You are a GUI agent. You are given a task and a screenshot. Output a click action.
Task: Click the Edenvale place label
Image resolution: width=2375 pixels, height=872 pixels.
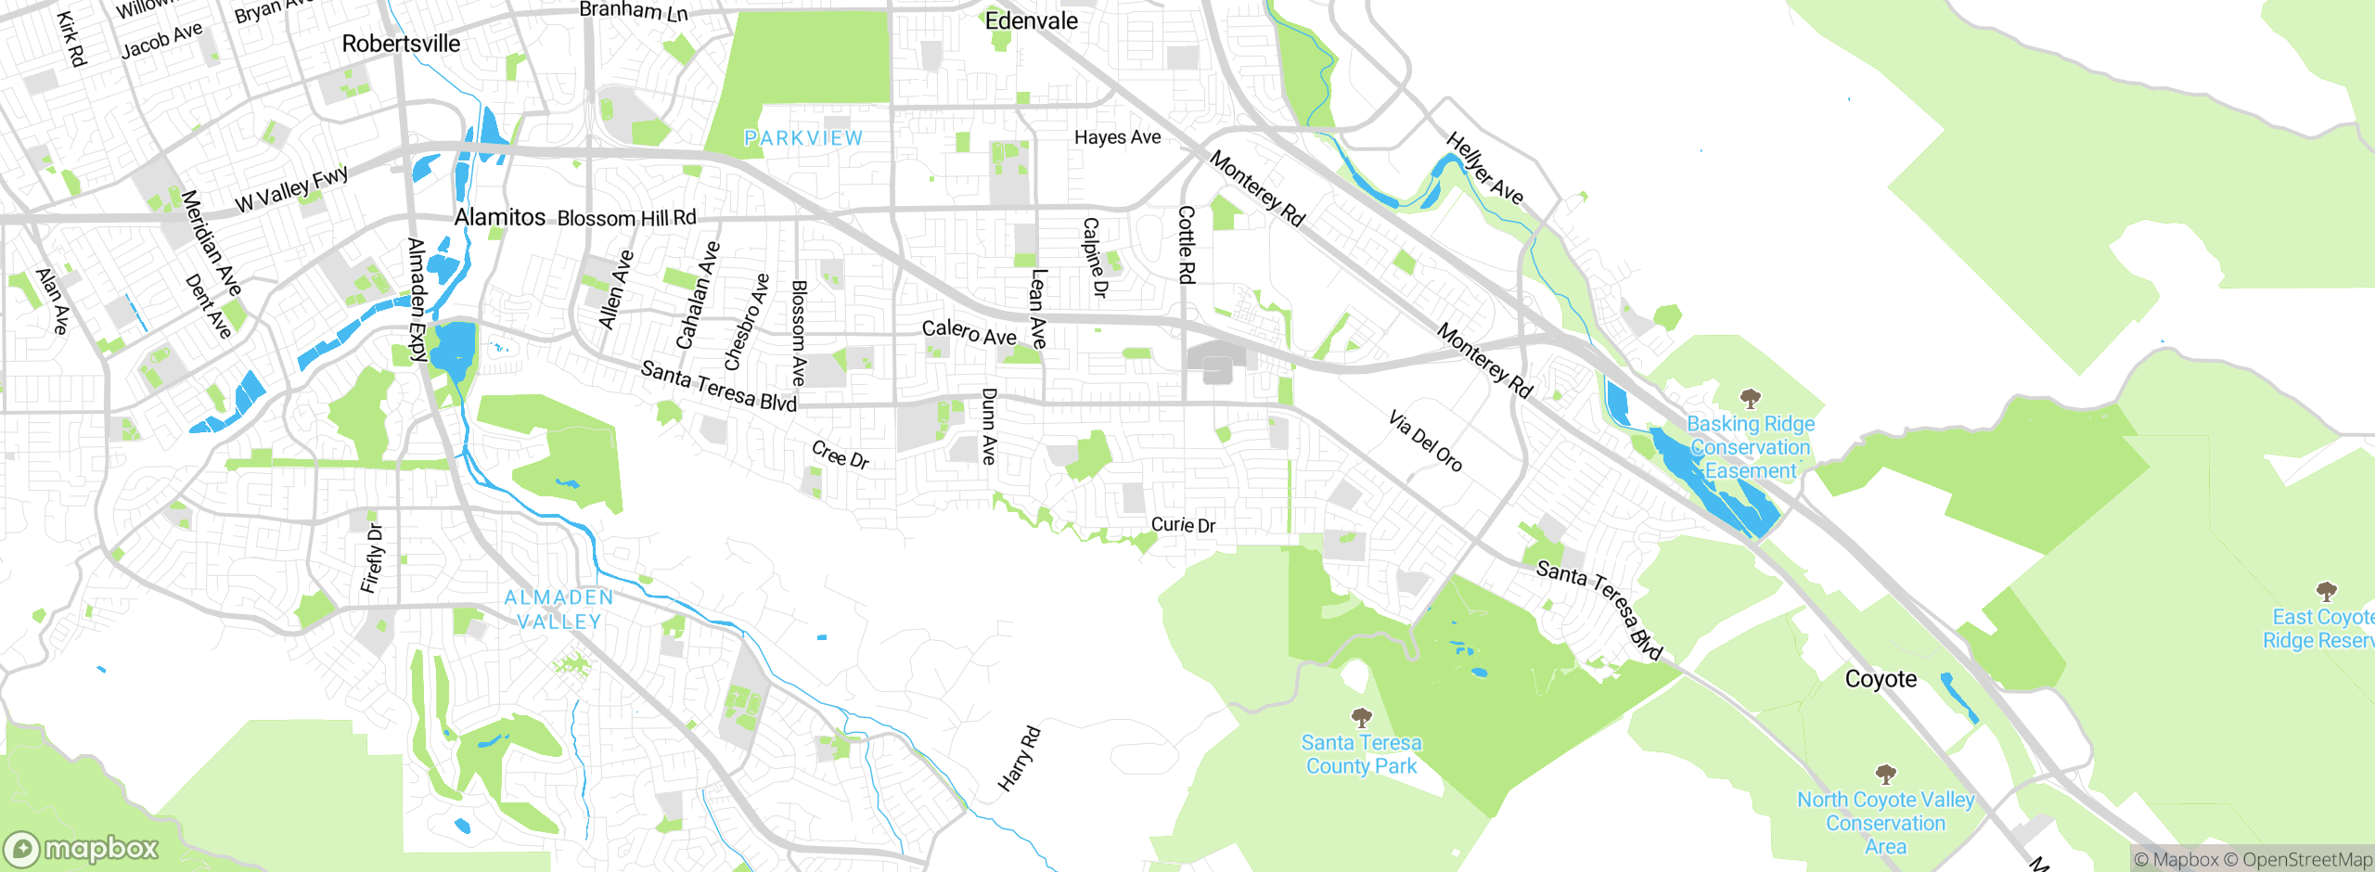pyautogui.click(x=1031, y=21)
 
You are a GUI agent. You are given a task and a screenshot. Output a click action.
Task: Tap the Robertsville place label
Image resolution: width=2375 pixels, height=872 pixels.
pyautogui.click(x=401, y=44)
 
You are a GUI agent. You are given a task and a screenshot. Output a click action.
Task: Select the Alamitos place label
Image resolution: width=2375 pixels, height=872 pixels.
pyautogui.click(x=500, y=217)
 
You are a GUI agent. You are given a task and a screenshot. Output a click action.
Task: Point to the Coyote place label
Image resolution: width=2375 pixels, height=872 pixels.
pyautogui.click(x=1881, y=679)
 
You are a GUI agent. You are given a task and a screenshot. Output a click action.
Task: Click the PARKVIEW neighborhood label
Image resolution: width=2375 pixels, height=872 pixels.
pyautogui.click(x=803, y=138)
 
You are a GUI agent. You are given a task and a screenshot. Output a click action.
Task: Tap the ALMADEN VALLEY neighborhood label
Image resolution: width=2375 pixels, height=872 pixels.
pyautogui.click(x=558, y=609)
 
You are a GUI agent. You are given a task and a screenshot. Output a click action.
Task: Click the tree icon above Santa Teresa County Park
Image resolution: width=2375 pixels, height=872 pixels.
pyautogui.click(x=1361, y=717)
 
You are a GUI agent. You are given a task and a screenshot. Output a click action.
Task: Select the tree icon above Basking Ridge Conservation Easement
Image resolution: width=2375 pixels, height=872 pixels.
pyautogui.click(x=1750, y=399)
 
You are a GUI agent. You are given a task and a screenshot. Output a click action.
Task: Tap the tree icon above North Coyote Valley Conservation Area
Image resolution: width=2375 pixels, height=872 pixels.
pyautogui.click(x=1885, y=774)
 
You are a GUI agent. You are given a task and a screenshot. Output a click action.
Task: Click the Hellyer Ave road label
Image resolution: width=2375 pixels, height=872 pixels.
pyautogui.click(x=1484, y=168)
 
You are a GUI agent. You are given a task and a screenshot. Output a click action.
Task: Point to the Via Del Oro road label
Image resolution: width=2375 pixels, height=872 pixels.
pyautogui.click(x=1425, y=442)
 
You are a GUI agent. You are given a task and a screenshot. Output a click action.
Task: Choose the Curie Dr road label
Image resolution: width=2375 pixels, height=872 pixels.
pyautogui.click(x=1183, y=525)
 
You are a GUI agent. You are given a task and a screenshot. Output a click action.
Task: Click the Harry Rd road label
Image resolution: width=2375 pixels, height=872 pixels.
pyautogui.click(x=1019, y=760)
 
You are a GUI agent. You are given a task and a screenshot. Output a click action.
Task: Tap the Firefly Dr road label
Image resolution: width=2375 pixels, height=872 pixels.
pyautogui.click(x=372, y=558)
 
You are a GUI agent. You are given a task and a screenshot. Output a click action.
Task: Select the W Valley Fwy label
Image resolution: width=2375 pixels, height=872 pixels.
pyautogui.click(x=291, y=189)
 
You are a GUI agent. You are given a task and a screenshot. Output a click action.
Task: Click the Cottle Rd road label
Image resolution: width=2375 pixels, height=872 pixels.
pyautogui.click(x=1187, y=245)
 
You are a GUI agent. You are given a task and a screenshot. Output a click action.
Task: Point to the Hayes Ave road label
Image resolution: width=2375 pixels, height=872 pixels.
pyautogui.click(x=1117, y=137)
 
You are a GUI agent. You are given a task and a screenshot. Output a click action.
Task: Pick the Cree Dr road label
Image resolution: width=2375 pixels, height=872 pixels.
pyautogui.click(x=840, y=455)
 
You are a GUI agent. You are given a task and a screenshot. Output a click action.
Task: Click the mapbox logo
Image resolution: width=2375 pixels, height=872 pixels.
pyautogui.click(x=82, y=848)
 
